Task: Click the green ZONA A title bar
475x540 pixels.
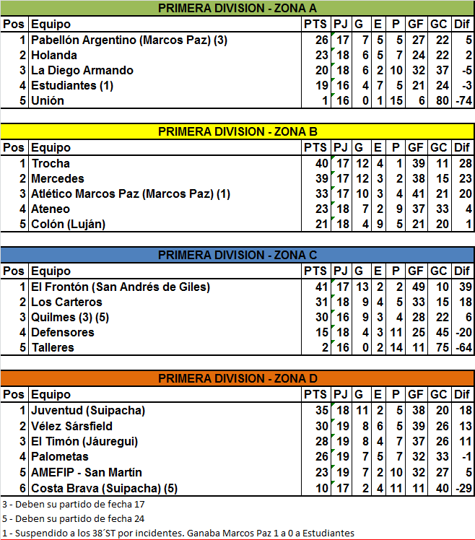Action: [x=237, y=9]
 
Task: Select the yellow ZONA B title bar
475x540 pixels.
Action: [x=237, y=131]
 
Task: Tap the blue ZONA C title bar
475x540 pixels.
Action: [x=237, y=255]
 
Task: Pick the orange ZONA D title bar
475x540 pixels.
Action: [x=237, y=378]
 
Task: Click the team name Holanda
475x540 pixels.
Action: [x=54, y=55]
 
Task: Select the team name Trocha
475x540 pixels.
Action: [x=51, y=163]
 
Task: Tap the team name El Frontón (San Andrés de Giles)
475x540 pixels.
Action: [x=121, y=287]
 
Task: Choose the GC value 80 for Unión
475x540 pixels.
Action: [x=438, y=100]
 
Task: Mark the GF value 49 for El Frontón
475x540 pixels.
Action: [x=416, y=287]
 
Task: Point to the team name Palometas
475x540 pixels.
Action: [x=60, y=456]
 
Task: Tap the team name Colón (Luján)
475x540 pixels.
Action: [x=69, y=224]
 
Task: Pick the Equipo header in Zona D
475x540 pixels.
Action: [x=51, y=395]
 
